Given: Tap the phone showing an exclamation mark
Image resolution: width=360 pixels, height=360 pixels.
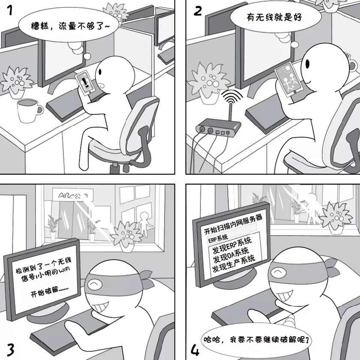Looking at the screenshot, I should tap(85, 82).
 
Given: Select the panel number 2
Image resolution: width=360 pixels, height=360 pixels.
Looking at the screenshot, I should tap(198, 11).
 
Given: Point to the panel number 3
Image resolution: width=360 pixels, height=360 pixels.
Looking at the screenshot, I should tap(10, 348).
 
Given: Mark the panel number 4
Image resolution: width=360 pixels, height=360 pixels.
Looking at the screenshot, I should tap(195, 348).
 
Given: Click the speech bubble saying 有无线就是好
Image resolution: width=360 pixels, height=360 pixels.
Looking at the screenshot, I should tap(269, 18).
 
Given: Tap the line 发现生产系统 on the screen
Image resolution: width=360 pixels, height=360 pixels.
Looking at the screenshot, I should tap(234, 269).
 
